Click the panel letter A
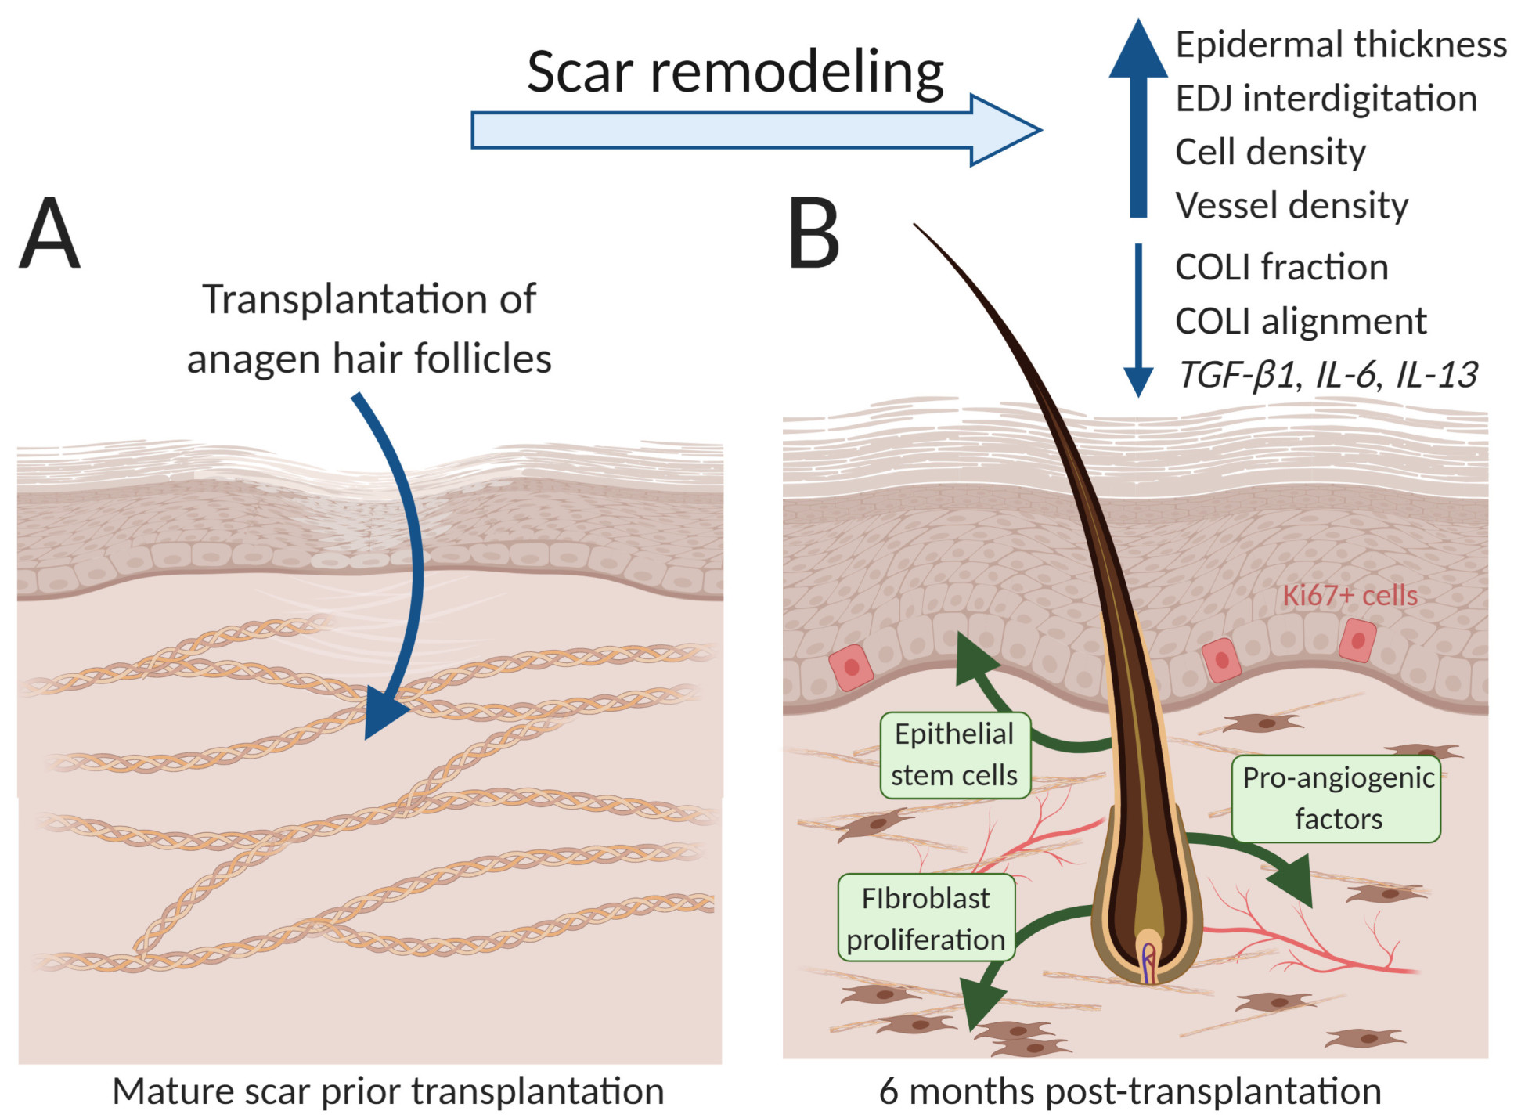pyautogui.click(x=49, y=233)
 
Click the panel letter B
pyautogui.click(x=813, y=233)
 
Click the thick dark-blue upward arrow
pyautogui.click(x=1137, y=117)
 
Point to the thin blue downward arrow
pyautogui.click(x=1137, y=321)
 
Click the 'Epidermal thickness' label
pyautogui.click(x=1340, y=45)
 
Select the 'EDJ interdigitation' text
pyautogui.click(x=1325, y=99)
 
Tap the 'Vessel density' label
pyautogui.click(x=1291, y=205)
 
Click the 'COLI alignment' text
pyautogui.click(x=1300, y=321)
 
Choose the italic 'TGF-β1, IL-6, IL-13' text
pyautogui.click(x=1327, y=375)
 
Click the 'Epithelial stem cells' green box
pyautogui.click(x=954, y=755)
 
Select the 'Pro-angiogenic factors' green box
pyautogui.click(x=1336, y=798)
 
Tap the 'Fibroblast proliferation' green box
pyautogui.click(x=925, y=918)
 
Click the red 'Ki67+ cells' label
pyautogui.click(x=1349, y=595)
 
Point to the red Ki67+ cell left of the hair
pyautogui.click(x=851, y=667)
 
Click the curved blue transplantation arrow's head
pyautogui.click(x=384, y=712)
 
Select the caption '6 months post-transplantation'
pyautogui.click(x=1129, y=1091)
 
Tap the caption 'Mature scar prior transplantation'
pyautogui.click(x=388, y=1091)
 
